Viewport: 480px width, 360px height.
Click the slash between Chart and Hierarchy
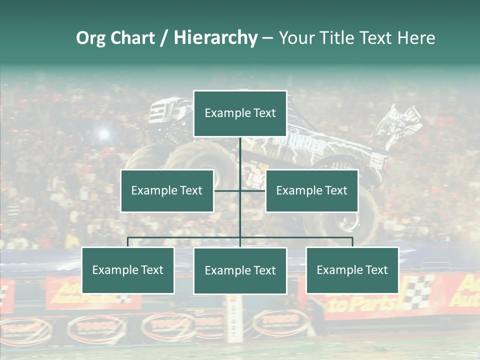164,38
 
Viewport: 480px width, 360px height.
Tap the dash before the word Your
267,38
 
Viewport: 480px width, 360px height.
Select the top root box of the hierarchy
240,113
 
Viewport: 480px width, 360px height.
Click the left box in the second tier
167,190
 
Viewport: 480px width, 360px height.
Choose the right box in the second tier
312,190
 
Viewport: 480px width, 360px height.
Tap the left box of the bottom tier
128,270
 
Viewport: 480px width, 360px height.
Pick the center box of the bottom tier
240,270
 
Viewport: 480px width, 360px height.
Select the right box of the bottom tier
352,270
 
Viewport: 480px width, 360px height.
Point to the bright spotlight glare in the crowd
103,134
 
